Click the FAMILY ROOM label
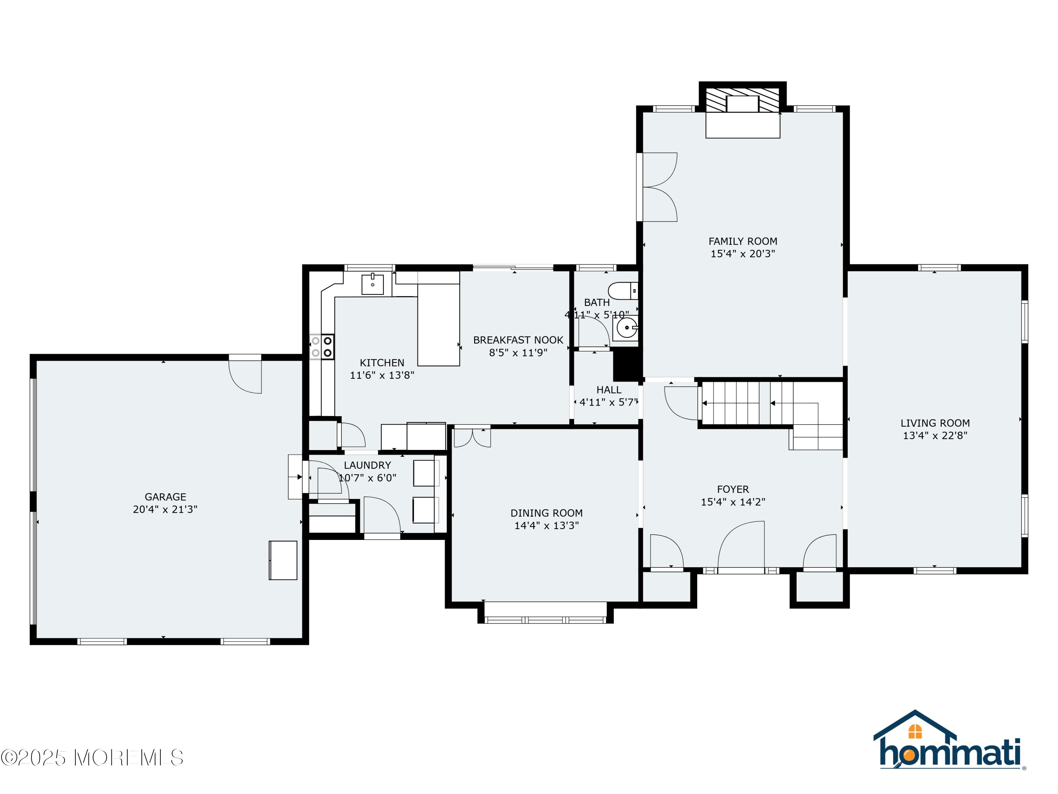click(742, 241)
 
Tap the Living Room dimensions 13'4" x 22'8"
click(935, 435)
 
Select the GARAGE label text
click(165, 497)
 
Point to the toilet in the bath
click(623, 290)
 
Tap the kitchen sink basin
click(373, 284)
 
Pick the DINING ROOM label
click(547, 513)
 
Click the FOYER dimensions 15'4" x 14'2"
click(733, 501)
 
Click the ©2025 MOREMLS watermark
click(92, 758)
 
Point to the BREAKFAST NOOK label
click(518, 340)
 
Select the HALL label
click(609, 390)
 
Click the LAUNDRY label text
click(367, 465)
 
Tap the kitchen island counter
click(439, 325)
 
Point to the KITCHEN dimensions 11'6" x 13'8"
click(382, 375)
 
